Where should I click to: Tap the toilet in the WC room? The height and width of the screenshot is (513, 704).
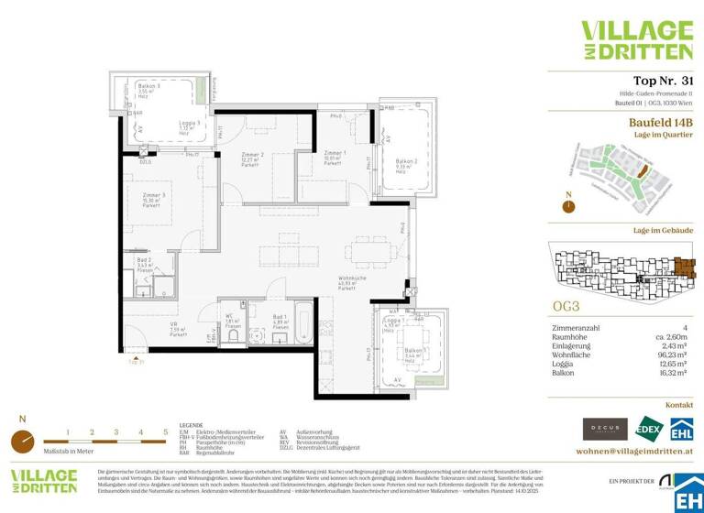pyautogui.click(x=233, y=336)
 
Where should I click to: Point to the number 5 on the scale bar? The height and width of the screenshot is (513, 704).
pyautogui.click(x=165, y=431)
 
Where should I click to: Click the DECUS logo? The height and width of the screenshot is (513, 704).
pyautogui.click(x=605, y=428)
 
